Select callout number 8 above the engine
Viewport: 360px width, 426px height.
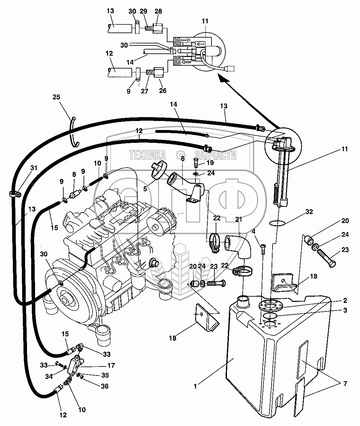[74, 174]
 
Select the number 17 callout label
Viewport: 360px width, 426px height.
[112, 366]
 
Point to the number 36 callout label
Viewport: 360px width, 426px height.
[105, 386]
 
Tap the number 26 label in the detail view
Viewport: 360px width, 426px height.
[163, 91]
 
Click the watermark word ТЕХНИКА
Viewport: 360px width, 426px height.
[148, 156]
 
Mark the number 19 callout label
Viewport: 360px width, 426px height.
[210, 163]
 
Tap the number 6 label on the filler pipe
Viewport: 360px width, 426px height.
[183, 159]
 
